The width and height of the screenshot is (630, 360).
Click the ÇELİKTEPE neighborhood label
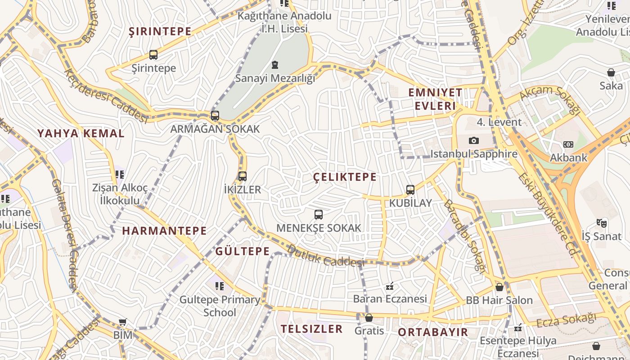[345, 177]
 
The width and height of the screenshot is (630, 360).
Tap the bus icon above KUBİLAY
[410, 189]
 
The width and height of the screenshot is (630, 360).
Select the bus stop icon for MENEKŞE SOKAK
[319, 215]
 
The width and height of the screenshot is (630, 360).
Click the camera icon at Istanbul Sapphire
[473, 141]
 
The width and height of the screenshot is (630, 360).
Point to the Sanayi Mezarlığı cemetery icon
[275, 65]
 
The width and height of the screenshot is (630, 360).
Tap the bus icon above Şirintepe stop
[153, 55]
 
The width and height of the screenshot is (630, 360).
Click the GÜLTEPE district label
[242, 251]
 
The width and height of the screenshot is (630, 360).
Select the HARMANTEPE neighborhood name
[164, 231]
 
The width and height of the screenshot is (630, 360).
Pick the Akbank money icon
[568, 144]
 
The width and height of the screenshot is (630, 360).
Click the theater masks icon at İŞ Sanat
[601, 223]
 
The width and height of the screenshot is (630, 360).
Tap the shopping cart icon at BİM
[122, 322]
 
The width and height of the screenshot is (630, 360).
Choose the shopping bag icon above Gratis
[369, 318]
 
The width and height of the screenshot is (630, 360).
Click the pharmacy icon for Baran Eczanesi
[390, 286]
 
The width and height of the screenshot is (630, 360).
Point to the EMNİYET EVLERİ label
[435, 99]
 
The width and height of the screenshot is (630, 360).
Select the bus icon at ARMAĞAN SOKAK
[215, 116]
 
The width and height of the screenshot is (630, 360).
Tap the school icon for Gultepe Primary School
[220, 286]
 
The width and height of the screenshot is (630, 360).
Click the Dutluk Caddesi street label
[325, 256]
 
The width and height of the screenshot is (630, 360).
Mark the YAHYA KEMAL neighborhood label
[81, 133]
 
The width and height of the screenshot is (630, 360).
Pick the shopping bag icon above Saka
[611, 72]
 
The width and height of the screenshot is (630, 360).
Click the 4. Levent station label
[499, 122]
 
